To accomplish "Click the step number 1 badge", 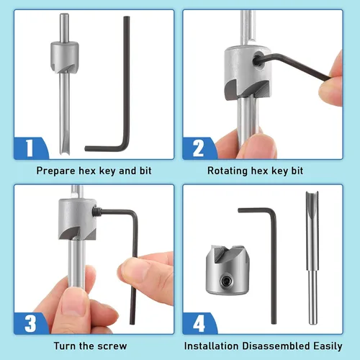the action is pos(30,148).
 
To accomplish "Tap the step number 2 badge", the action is pos(198,148).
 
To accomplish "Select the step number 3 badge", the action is pos(30,323).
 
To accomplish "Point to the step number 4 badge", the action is pos(199,323).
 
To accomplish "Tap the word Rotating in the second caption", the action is pos(228,171).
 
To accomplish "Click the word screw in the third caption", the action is pos(112,346).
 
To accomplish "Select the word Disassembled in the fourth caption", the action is pos(276,346).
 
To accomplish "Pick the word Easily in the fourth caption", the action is pos(328,346).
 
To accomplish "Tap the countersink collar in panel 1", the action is pos(64,57).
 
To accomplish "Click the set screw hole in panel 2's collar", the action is pos(258,60).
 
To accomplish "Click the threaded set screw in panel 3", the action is pos(96,211).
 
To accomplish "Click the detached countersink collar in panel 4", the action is pos(228,270).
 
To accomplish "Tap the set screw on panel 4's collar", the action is pos(227,281).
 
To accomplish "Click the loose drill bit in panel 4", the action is pos(312,258).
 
